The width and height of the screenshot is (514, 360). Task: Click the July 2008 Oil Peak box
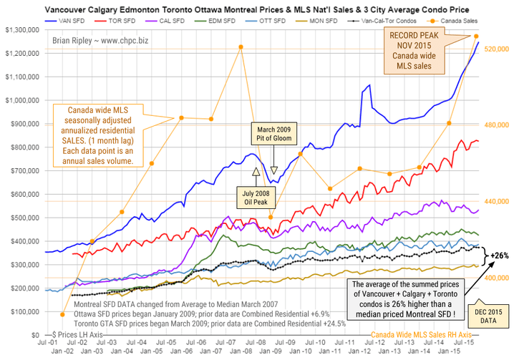click(x=256, y=196)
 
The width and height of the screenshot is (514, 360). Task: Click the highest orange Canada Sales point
click(x=477, y=36)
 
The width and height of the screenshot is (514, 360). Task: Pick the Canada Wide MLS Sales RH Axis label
click(x=421, y=334)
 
